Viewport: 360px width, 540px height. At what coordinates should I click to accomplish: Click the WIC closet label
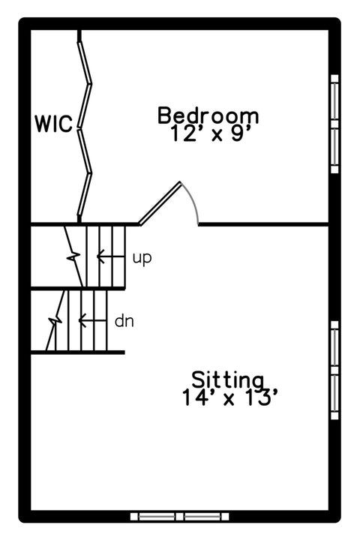tap(54, 124)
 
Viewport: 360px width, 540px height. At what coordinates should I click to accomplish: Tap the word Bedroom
tap(208, 115)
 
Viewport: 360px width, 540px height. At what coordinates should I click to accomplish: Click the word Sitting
tap(228, 379)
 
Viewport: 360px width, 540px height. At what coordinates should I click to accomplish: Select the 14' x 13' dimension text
tap(229, 397)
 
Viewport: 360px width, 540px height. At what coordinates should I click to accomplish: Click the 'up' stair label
tap(142, 257)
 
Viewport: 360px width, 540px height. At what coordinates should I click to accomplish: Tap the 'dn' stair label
tap(124, 321)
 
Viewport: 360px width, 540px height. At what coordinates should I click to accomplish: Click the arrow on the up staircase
tap(110, 256)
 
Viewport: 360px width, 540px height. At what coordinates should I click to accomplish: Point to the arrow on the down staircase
tap(93, 321)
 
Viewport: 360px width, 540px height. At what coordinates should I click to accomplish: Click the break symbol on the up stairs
tap(73, 256)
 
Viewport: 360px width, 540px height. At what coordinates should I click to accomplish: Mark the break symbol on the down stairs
tap(55, 321)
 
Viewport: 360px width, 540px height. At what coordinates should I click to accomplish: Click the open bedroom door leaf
tap(160, 203)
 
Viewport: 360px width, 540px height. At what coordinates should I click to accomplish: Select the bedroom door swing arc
tap(192, 202)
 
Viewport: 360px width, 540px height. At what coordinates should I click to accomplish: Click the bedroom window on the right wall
tap(334, 124)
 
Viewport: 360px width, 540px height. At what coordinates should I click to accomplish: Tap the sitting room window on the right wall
tap(334, 370)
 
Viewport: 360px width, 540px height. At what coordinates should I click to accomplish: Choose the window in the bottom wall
tap(179, 516)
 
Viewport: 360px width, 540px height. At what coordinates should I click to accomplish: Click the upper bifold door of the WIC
tap(85, 82)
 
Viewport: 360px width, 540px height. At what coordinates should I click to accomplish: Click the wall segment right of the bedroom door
tap(263, 224)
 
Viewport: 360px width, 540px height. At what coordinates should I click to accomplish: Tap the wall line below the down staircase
tap(78, 352)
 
